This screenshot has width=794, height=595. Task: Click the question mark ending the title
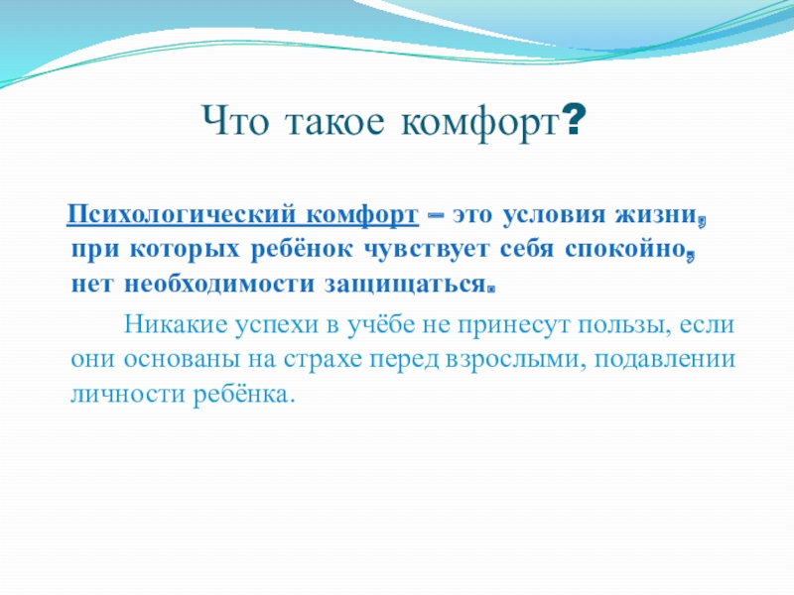point(573,124)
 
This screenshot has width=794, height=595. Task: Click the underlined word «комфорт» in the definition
point(361,215)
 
